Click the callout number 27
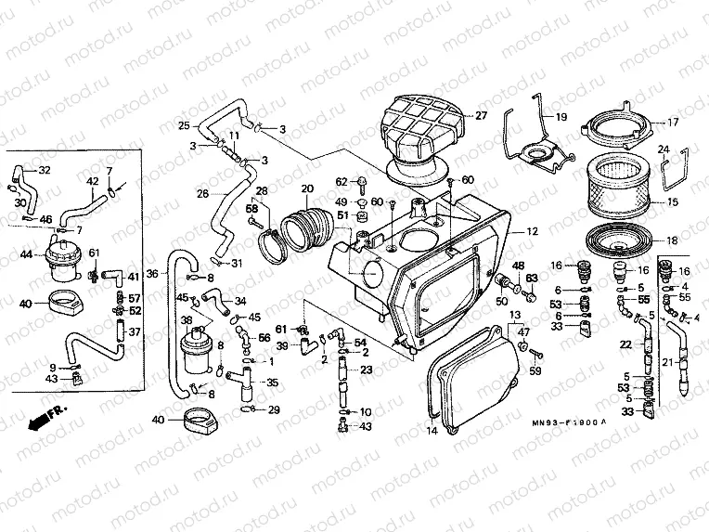click(x=481, y=116)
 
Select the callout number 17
click(x=673, y=123)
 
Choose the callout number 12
click(x=532, y=230)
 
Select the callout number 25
click(x=184, y=126)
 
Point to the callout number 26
click(x=202, y=193)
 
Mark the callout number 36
click(x=152, y=261)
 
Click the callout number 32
click(x=45, y=170)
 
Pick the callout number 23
click(x=367, y=370)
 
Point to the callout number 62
click(x=341, y=181)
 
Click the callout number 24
click(x=664, y=149)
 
